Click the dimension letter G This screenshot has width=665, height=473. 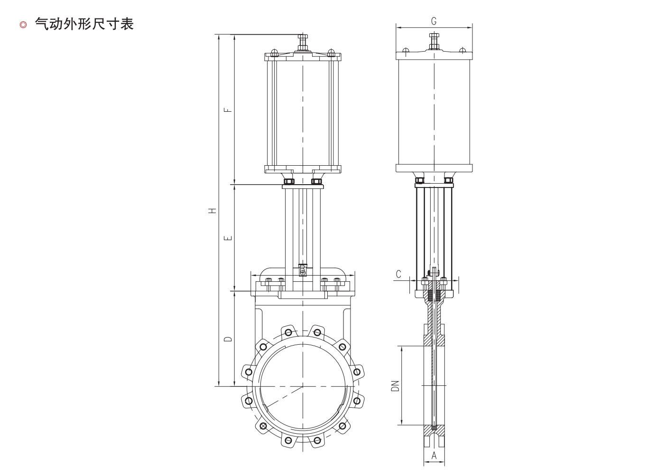point(434,21)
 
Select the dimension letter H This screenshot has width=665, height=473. point(212,210)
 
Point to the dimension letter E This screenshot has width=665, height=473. point(228,238)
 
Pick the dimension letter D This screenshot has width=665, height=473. point(228,339)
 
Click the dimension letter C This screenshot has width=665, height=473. point(398,274)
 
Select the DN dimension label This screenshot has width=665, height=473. point(395,386)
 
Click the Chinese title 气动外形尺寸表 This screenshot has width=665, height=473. point(84,24)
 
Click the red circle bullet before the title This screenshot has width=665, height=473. point(23,25)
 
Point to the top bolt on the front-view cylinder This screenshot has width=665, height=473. point(303,43)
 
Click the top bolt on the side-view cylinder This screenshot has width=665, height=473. point(434,42)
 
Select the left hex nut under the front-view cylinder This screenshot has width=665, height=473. point(288,181)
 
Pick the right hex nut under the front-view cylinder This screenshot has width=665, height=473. point(316,181)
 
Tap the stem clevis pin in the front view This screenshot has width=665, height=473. point(303,271)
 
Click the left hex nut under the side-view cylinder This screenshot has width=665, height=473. point(420,180)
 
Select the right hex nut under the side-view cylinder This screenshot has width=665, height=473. point(449,180)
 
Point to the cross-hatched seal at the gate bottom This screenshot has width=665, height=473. point(434,428)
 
